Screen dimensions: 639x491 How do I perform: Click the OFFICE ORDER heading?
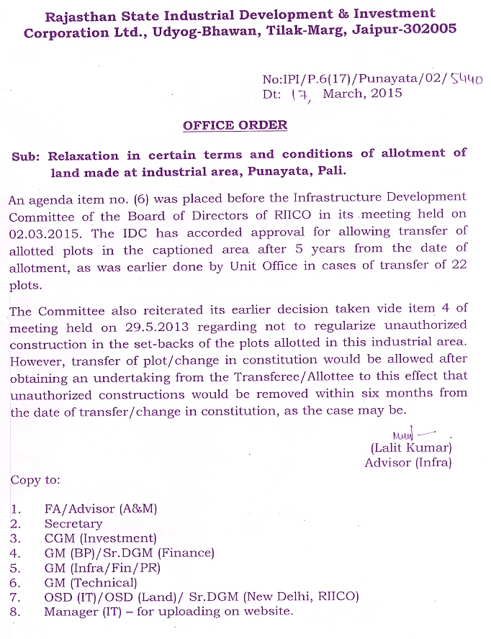pos(235,125)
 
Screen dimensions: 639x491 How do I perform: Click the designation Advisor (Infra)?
pos(408,463)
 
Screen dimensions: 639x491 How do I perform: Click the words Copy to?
pos(35,479)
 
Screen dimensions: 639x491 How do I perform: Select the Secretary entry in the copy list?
pos(73,524)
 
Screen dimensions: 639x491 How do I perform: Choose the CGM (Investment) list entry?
pos(100,538)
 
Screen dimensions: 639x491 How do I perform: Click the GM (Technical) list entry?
pos(90,582)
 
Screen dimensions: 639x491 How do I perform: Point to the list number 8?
pos(15,612)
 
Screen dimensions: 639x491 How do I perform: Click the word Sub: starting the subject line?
pos(27,155)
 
